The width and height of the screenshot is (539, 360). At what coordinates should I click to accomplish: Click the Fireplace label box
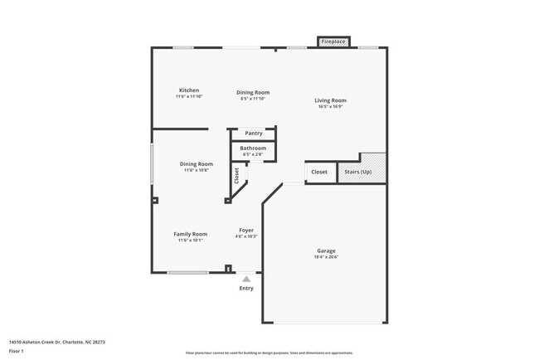333,41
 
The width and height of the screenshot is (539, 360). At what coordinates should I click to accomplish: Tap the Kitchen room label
189,90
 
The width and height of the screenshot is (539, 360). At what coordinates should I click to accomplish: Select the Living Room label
330,101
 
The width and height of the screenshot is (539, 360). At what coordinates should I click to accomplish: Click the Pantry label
254,133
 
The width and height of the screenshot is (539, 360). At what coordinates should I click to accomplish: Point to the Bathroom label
254,148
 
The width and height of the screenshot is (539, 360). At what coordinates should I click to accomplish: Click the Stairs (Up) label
358,172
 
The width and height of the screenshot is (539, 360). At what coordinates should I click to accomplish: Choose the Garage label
326,251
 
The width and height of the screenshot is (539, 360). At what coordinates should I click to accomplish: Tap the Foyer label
246,230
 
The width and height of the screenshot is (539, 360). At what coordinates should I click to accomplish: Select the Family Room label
191,234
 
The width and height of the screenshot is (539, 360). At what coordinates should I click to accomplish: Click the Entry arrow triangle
246,279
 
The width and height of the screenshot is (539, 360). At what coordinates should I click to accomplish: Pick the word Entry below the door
246,289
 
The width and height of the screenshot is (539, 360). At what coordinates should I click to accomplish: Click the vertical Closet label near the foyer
236,176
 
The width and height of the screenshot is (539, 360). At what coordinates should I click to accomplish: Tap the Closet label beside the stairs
319,172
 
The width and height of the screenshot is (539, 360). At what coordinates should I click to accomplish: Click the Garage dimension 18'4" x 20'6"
326,257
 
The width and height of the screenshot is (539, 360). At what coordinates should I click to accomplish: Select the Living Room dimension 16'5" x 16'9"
330,107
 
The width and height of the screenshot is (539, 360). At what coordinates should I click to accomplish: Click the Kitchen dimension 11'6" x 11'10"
189,96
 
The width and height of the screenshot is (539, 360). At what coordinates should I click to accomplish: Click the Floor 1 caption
16,351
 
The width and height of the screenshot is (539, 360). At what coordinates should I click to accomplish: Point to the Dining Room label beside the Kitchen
253,92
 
